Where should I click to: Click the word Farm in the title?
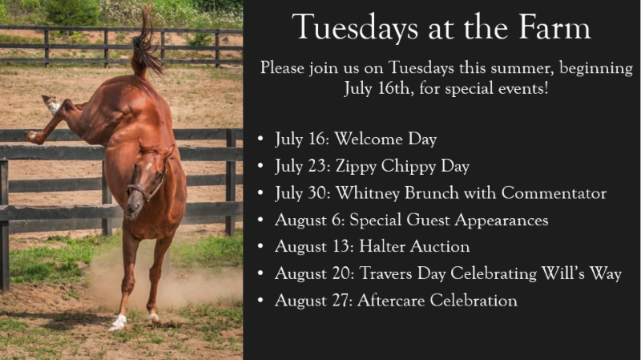click(x=554, y=27)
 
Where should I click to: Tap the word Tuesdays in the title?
click(x=355, y=28)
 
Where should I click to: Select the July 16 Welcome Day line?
click(x=356, y=140)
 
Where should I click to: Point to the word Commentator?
click(x=554, y=193)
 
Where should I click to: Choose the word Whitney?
click(x=367, y=194)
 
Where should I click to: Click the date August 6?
click(x=310, y=220)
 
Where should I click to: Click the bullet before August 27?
click(x=261, y=301)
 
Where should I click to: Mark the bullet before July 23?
click(x=261, y=166)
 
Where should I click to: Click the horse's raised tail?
click(x=145, y=45)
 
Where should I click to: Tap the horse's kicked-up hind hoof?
click(x=50, y=103)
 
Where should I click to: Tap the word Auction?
click(x=440, y=247)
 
